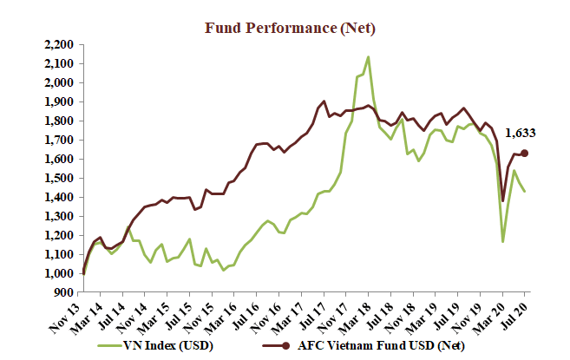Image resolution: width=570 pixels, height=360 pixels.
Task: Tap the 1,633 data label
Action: tap(521, 133)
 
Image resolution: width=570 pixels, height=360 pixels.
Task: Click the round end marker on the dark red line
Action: tap(524, 153)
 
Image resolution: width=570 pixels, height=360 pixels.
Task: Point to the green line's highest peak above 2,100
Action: tap(369, 57)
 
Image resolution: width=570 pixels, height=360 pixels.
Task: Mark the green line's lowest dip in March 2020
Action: tap(502, 241)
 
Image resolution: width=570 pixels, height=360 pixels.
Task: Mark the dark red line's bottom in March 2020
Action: tap(503, 201)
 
